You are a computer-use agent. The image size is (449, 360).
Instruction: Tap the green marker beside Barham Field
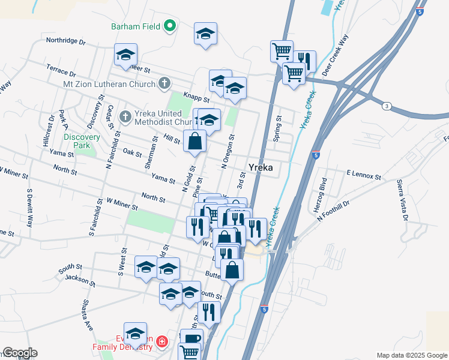(170, 26)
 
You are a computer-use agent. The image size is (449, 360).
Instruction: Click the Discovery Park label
(77, 141)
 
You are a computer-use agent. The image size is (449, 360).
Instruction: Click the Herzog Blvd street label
(324, 188)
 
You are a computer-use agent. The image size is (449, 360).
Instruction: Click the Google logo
(20, 353)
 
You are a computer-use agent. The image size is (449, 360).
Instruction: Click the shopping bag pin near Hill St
(196, 142)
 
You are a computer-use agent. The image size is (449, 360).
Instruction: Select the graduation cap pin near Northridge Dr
(126, 55)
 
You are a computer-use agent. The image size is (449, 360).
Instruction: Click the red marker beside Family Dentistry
(161, 343)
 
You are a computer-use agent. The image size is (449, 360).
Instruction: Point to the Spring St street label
(277, 128)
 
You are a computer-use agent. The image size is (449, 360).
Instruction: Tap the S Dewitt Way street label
(28, 208)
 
